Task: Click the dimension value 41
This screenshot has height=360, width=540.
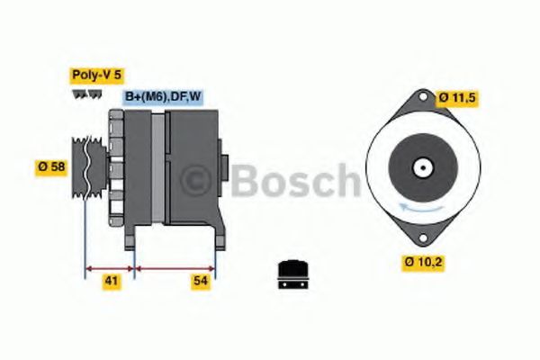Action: [x=111, y=282]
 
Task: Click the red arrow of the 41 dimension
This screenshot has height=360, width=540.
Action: [x=109, y=266]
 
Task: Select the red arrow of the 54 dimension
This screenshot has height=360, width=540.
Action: [x=175, y=266]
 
